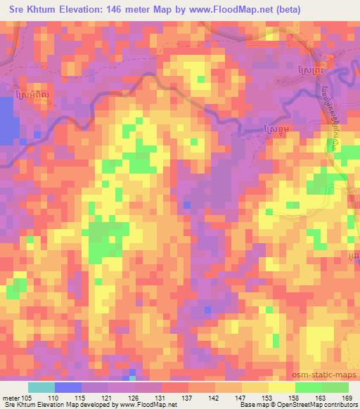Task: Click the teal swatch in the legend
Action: coord(41,387)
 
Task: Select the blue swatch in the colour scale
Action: coord(68,387)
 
